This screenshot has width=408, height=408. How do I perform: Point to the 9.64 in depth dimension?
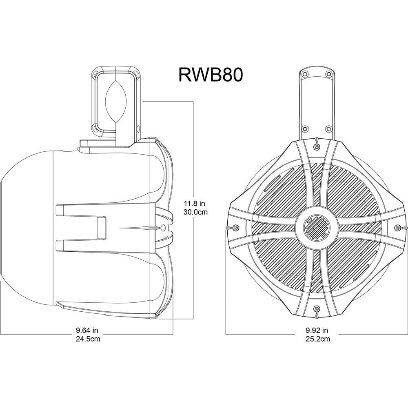click(x=87, y=330)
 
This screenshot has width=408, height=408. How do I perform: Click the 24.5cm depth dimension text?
click(x=87, y=339)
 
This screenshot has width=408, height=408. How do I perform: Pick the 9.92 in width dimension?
click(x=317, y=330)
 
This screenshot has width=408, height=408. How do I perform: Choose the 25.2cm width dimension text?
click(x=317, y=339)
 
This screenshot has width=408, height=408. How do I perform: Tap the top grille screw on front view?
click(x=317, y=146)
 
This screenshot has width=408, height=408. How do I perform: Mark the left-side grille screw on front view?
click(x=235, y=227)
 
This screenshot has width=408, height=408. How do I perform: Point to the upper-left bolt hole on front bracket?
click(x=304, y=74)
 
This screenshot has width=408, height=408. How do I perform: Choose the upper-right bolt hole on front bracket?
click(x=329, y=74)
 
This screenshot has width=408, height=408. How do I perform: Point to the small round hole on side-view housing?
click(x=163, y=227)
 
